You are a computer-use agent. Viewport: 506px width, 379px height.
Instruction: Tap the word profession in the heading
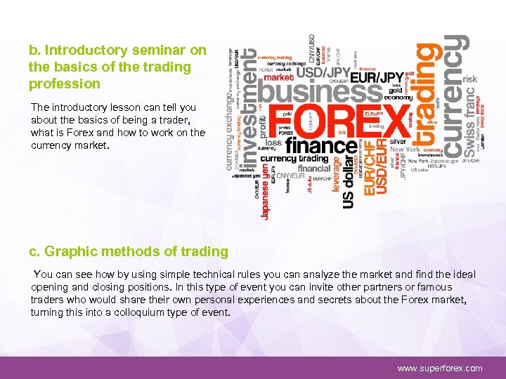click(65, 84)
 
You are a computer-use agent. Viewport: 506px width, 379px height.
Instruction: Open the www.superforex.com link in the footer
click(440, 368)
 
